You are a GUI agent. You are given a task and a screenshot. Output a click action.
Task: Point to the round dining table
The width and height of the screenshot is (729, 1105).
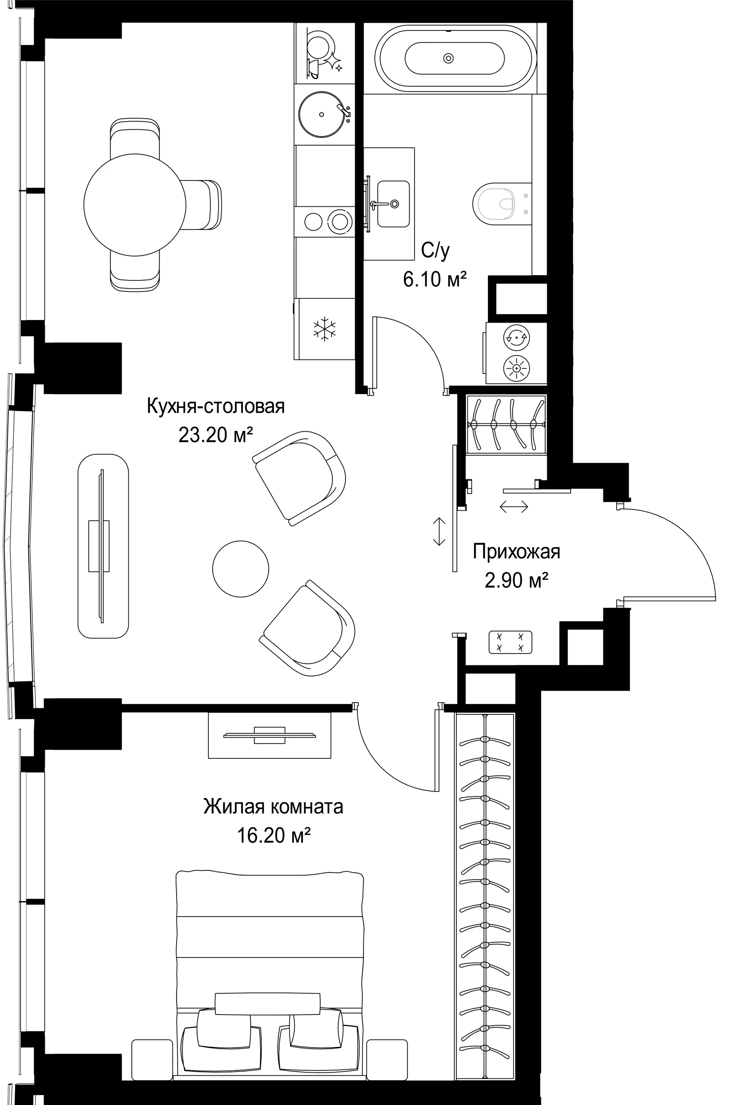pyautogui.click(x=135, y=205)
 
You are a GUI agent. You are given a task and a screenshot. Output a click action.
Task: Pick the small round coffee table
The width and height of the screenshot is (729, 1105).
pyautogui.click(x=240, y=568)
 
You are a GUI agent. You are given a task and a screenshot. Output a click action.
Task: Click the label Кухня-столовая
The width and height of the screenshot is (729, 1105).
pyautogui.click(x=216, y=407)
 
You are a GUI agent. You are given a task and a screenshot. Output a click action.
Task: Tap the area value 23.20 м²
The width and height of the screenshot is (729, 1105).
pyautogui.click(x=216, y=435)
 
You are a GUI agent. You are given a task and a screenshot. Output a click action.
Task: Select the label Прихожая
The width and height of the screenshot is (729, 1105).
pyautogui.click(x=516, y=552)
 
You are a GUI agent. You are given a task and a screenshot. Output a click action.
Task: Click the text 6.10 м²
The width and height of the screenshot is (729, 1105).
pyautogui.click(x=435, y=280)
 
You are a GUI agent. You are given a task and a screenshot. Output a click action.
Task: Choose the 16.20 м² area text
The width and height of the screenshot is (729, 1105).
pyautogui.click(x=274, y=836)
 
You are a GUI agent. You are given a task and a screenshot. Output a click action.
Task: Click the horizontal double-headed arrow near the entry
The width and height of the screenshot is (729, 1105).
pyautogui.click(x=514, y=506)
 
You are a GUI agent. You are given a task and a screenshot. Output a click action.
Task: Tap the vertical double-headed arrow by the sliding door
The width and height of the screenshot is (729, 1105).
pyautogui.click(x=439, y=531)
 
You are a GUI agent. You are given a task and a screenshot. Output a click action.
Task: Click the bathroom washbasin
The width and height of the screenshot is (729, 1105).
pyautogui.click(x=393, y=204)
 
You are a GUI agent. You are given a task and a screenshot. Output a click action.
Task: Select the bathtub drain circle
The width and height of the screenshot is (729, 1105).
pyautogui.click(x=448, y=58)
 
